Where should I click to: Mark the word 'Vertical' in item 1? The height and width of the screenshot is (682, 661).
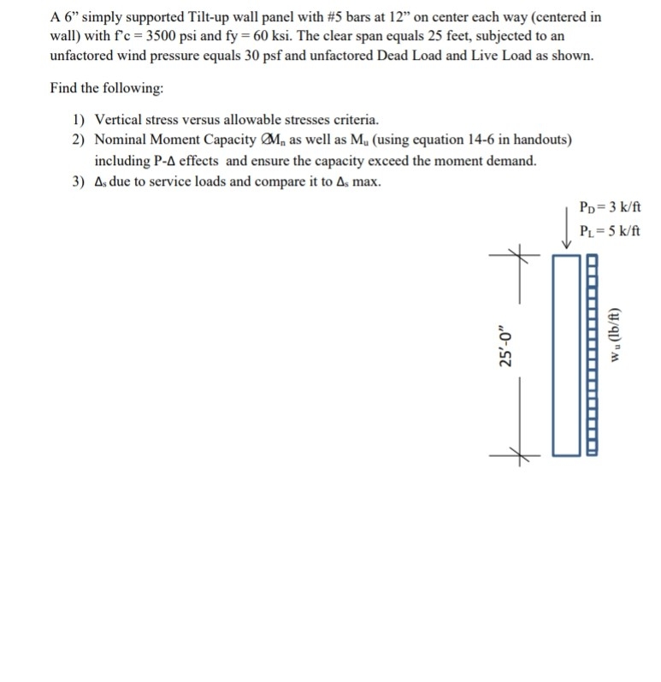click(118, 119)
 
